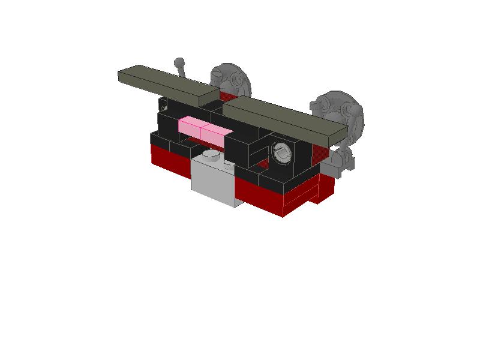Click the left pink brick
click(x=190, y=127)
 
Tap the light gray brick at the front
click(x=212, y=183)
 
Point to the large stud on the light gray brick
click(x=211, y=155)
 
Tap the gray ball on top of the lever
click(x=179, y=62)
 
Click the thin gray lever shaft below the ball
click(x=184, y=74)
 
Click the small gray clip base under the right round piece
click(x=339, y=162)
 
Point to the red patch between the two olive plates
click(x=227, y=97)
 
